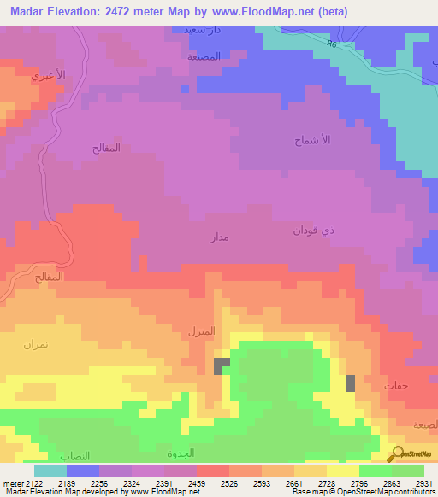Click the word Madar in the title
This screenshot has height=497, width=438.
pos(33,10)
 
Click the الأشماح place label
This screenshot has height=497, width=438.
pos(313,138)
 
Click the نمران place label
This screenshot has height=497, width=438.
pos(35,343)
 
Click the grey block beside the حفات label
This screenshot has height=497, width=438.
pos(351,383)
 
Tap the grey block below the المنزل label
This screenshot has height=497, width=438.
pos(222,365)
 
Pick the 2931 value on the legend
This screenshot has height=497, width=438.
pos(422,483)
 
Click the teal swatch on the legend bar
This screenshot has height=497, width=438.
pos(50,471)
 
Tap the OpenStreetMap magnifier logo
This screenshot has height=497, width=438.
pos(397,453)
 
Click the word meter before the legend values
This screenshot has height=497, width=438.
pos(9,483)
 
